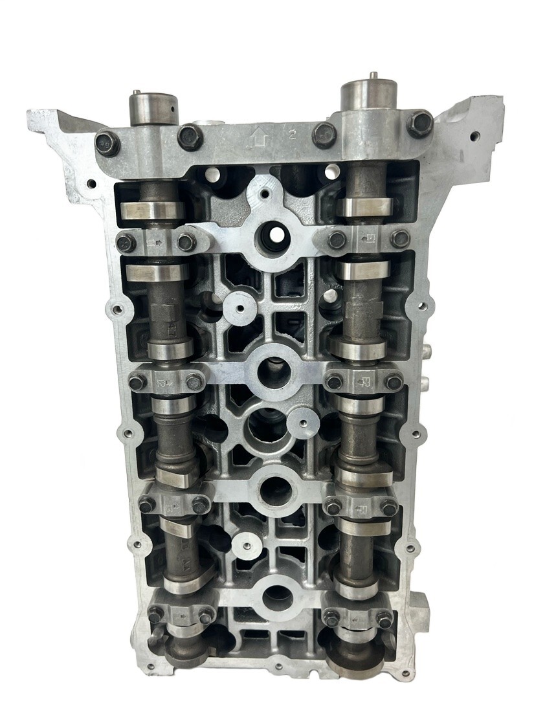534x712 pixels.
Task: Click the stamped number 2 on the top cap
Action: pos(292,135)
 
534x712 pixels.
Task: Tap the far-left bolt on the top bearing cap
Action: pos(107,142)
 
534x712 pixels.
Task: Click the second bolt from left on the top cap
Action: pos(190,136)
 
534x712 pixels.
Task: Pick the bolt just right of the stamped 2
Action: pos(323,135)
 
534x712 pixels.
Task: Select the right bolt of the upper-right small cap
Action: pos(400,239)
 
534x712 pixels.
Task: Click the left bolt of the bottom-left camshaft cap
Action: pos(155,616)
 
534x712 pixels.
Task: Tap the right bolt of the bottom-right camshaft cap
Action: pos(383,617)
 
